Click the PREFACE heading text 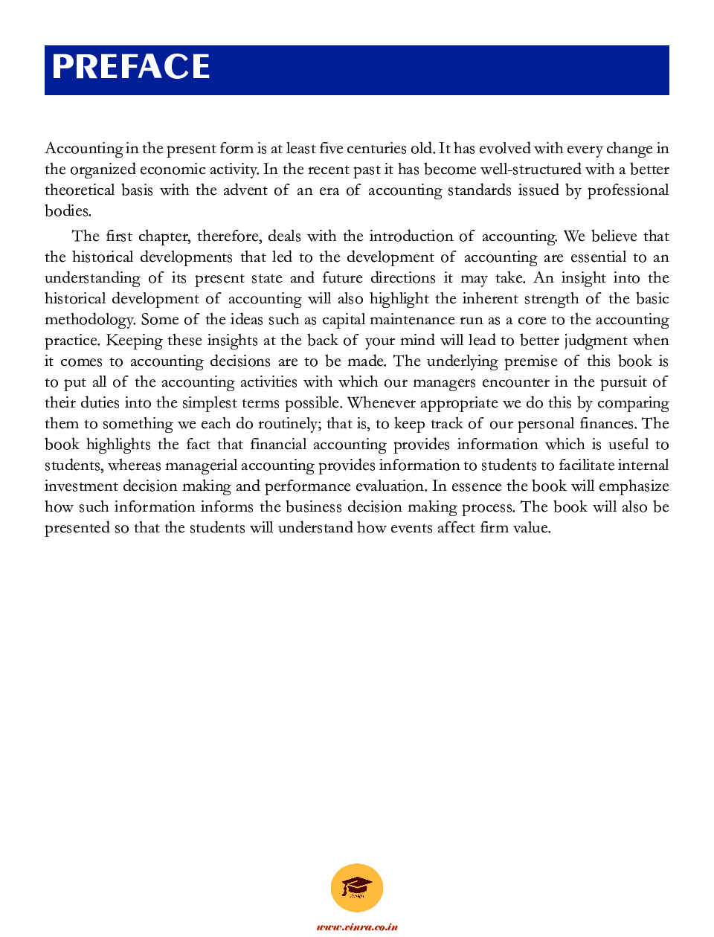(131, 67)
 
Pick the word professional (628, 190)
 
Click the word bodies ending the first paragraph (67, 210)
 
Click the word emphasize (633, 486)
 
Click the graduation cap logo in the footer (357, 887)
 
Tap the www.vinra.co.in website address (357, 927)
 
